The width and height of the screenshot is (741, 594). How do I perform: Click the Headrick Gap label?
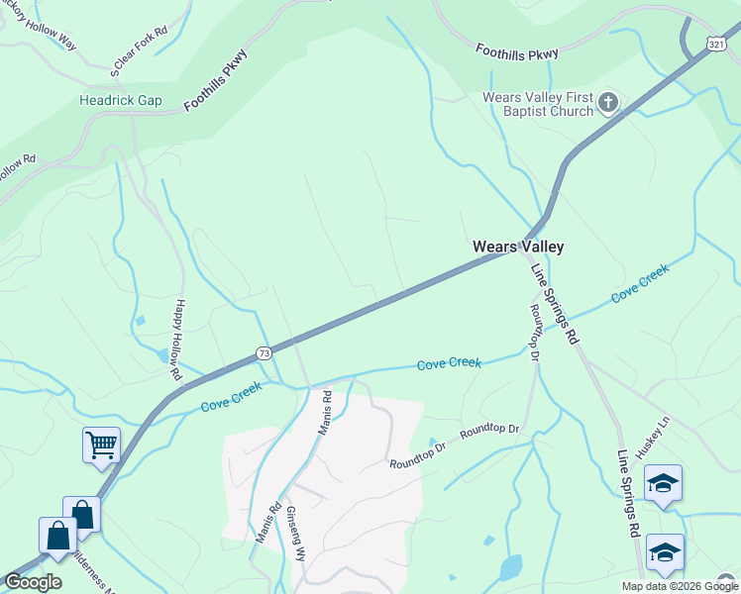pyautogui.click(x=120, y=101)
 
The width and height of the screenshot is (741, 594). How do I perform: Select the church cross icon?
pyautogui.click(x=608, y=101)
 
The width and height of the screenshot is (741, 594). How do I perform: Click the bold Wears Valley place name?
pyautogui.click(x=510, y=247)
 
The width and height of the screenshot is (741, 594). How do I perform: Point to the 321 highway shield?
pyautogui.click(x=717, y=44)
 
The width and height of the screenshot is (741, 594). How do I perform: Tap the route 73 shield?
pyautogui.click(x=263, y=352)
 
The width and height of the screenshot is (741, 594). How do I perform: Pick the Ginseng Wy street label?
pyautogui.click(x=296, y=536)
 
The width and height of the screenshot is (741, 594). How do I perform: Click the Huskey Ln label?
pyautogui.click(x=654, y=436)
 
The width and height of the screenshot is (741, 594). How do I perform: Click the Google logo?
pyautogui.click(x=33, y=583)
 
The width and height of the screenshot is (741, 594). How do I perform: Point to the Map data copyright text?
pyautogui.click(x=679, y=586)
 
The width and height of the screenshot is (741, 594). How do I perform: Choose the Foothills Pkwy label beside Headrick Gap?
pyautogui.click(x=216, y=78)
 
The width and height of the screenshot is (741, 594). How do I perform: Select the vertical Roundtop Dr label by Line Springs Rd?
pyautogui.click(x=535, y=332)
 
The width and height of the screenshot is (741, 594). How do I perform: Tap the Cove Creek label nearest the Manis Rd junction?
pyautogui.click(x=232, y=398)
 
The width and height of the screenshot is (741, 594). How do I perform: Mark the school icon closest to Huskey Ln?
pyautogui.click(x=663, y=483)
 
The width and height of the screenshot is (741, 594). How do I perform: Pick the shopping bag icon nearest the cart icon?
pyautogui.click(x=81, y=514)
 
